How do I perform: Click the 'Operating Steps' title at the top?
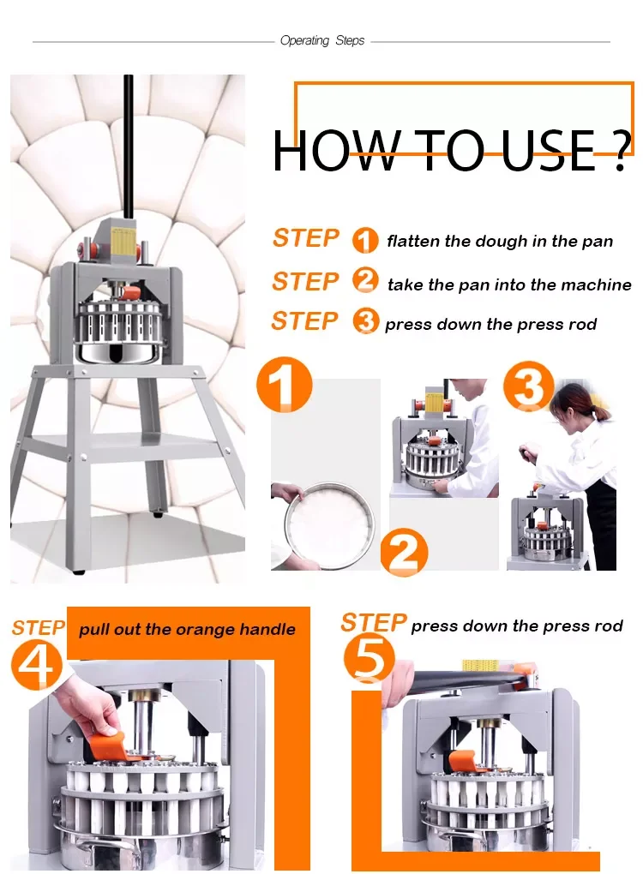click(321, 40)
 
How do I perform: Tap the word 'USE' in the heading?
click(549, 151)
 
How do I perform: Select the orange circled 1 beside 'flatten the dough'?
click(365, 240)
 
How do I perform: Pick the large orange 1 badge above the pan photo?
click(285, 385)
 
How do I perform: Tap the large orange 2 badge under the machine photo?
click(405, 553)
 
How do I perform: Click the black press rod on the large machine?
click(129, 147)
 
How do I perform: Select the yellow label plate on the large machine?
click(125, 242)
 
